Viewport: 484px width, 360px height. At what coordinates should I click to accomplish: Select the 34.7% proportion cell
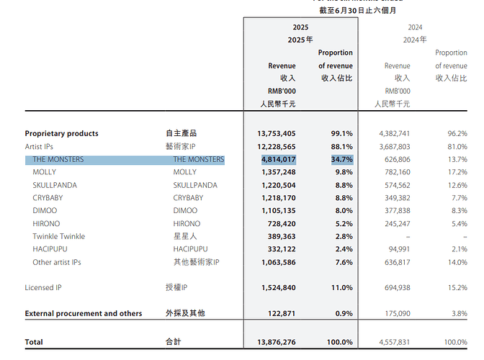(342, 160)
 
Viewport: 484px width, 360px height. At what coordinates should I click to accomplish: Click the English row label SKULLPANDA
(55, 185)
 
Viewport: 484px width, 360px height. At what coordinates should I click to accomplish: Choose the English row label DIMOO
(44, 211)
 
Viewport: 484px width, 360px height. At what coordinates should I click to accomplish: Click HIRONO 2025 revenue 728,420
(281, 224)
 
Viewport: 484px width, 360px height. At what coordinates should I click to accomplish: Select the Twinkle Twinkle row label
(58, 237)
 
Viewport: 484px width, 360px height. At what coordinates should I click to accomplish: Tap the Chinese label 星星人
(184, 237)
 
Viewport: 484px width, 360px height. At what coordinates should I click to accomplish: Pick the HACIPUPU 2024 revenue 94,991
(395, 250)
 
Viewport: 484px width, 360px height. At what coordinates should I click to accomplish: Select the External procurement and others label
(84, 313)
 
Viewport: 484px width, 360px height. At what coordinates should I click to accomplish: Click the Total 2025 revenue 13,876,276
(276, 342)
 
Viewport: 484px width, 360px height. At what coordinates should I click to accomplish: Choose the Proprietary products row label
(61, 133)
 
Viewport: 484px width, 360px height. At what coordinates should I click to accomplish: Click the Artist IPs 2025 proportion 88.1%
(342, 147)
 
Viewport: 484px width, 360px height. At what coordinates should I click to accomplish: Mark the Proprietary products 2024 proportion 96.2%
(457, 133)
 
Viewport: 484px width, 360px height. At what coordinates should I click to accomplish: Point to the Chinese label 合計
(174, 342)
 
